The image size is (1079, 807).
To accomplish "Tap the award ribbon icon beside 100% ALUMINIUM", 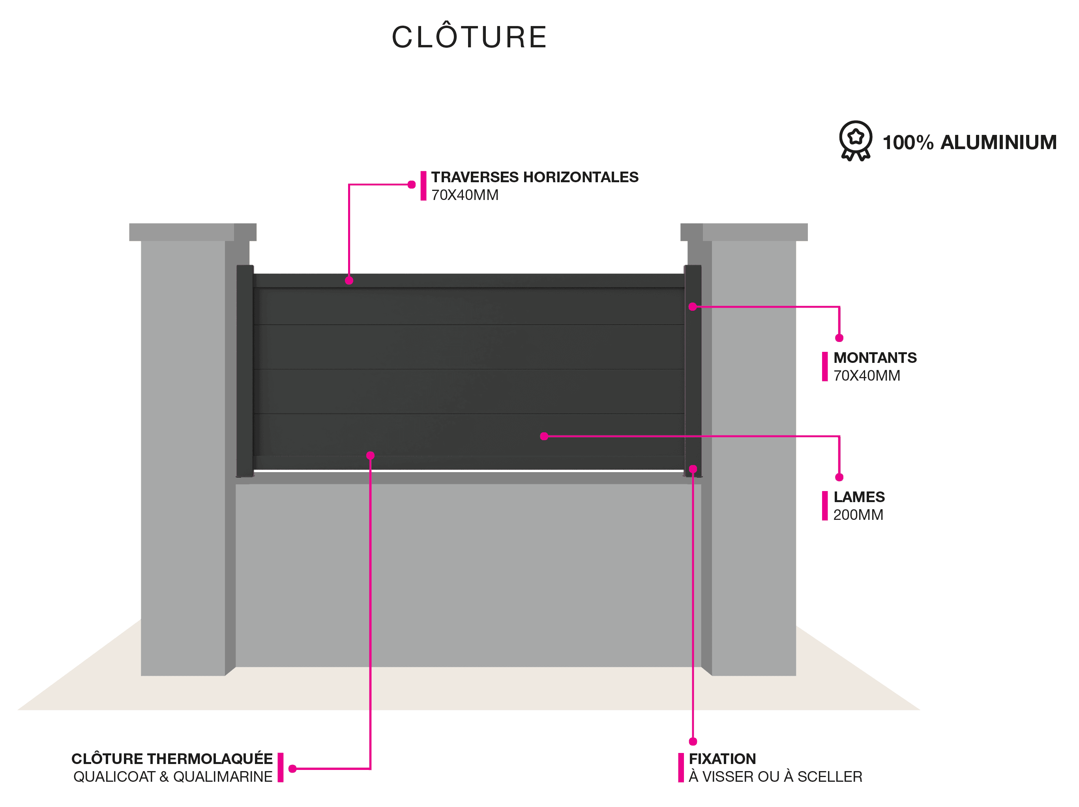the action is (855, 140).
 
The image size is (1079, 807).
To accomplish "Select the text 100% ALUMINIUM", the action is (969, 142).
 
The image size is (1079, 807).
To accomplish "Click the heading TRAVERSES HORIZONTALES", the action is (535, 177).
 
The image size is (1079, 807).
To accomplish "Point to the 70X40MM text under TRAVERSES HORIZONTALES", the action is (465, 195).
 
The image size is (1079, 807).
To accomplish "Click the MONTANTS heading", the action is (875, 357).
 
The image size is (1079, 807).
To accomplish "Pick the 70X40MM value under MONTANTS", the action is (867, 375).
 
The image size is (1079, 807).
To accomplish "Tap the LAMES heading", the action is (859, 497).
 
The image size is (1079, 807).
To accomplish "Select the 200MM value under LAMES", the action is (858, 515).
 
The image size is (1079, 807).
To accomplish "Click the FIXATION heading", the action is (722, 759).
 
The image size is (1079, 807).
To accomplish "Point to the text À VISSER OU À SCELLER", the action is (775, 776).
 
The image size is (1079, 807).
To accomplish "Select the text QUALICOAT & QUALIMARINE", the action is (173, 776).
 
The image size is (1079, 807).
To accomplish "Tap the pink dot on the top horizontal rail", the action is (349, 280).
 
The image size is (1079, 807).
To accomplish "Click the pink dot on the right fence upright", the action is (693, 307).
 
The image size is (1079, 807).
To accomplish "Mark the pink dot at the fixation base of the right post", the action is (693, 469).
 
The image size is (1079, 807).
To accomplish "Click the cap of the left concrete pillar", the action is (193, 232).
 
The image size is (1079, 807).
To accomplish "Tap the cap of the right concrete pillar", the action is (744, 232).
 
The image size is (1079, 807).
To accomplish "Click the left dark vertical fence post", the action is (245, 371).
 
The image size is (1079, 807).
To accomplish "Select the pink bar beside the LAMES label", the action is (825, 506).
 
